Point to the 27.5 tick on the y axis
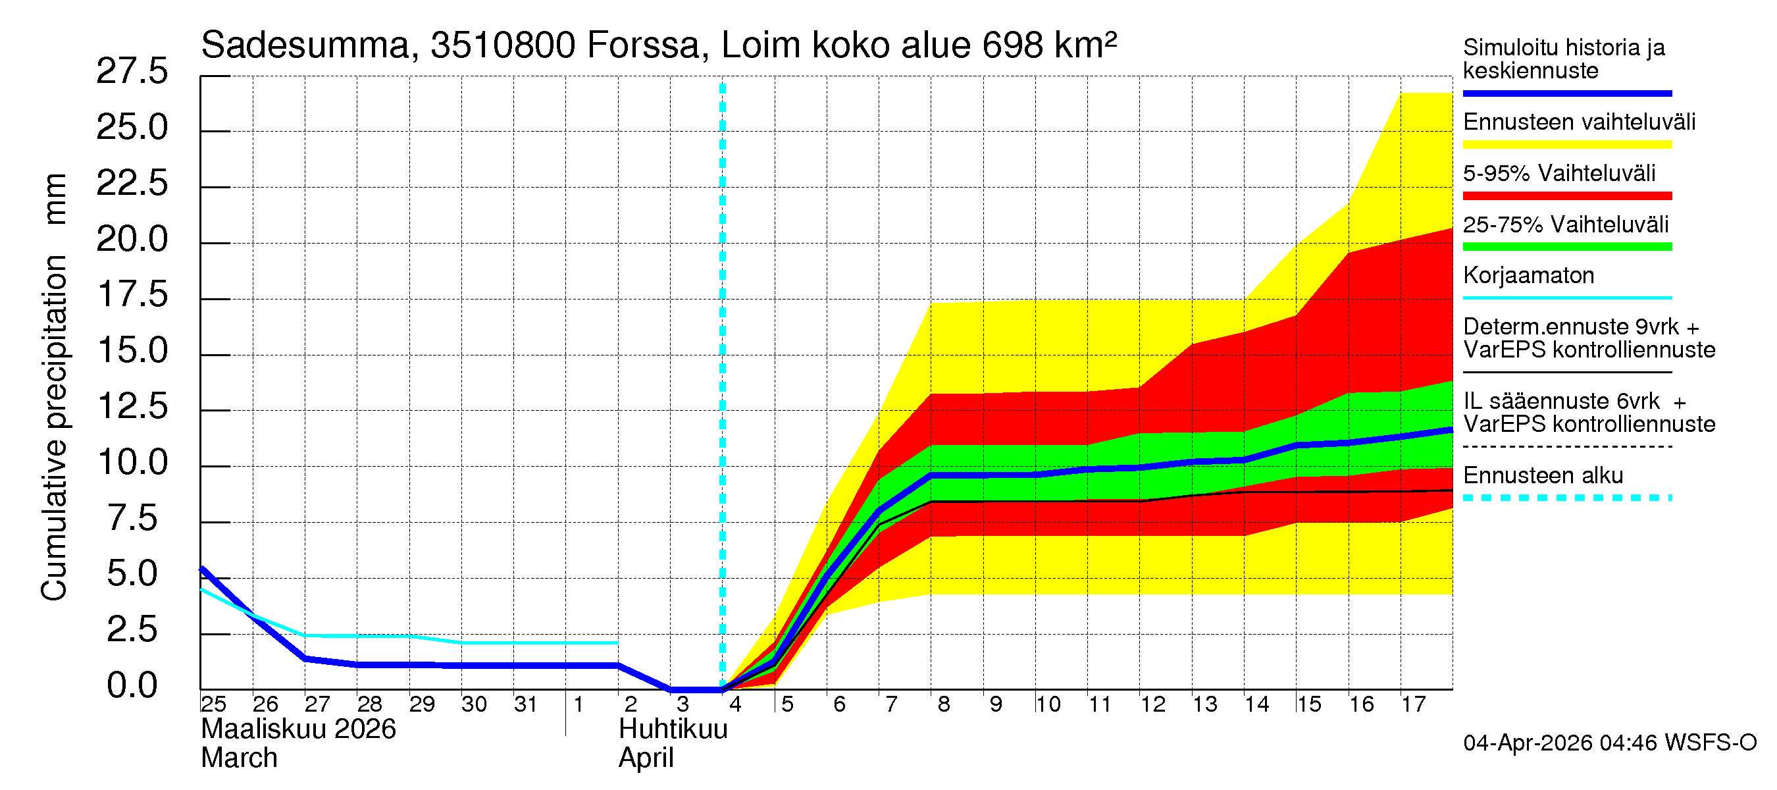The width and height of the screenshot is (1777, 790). tap(132, 71)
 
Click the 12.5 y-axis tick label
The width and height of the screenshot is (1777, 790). tap(132, 406)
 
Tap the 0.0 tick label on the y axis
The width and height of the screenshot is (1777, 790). tap(132, 686)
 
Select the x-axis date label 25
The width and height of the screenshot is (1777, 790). tap(213, 704)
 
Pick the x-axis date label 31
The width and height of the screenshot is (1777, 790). tap(526, 704)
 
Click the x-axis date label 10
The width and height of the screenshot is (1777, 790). tap(1048, 704)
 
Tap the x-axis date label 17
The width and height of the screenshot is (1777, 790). tap(1414, 704)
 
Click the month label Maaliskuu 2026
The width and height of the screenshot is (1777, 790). tap(298, 729)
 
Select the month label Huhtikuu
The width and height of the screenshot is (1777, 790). tap(673, 729)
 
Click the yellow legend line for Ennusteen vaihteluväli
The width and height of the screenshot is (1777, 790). tap(1566, 145)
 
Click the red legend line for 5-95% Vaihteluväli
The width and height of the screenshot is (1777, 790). tap(1566, 196)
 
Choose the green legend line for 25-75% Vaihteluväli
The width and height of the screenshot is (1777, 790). tap(1566, 247)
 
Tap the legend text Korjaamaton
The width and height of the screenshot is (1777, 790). tap(1528, 276)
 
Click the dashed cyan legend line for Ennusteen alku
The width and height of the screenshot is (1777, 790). tap(1566, 498)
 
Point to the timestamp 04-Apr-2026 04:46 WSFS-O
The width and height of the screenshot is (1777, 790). tap(1609, 743)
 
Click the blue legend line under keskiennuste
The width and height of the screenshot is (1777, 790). tap(1566, 93)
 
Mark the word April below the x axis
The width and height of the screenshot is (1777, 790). tap(646, 758)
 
